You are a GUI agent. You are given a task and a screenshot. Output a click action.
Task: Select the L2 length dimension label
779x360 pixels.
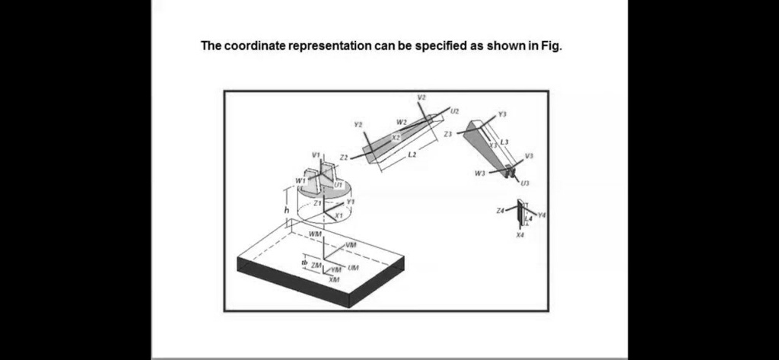412,155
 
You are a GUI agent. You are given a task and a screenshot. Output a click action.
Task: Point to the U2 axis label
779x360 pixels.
455,111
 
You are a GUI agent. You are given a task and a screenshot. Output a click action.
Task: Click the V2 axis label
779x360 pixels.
422,97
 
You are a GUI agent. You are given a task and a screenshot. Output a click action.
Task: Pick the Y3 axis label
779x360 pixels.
501,113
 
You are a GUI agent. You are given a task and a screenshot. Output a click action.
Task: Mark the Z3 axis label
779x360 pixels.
448,133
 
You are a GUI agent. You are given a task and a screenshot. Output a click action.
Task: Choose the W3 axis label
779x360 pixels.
479,174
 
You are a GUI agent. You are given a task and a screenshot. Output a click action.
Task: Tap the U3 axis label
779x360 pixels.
526,183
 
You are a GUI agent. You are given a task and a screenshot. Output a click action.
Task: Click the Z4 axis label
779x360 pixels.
499,209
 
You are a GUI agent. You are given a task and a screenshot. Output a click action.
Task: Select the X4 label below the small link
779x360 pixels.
520,235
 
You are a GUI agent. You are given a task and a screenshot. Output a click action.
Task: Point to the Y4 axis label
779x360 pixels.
541,215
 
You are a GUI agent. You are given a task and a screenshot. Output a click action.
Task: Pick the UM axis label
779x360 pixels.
353,268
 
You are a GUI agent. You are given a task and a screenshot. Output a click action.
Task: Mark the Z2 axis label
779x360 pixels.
344,157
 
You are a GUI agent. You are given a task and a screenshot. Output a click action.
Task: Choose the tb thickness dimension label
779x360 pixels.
304,263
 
